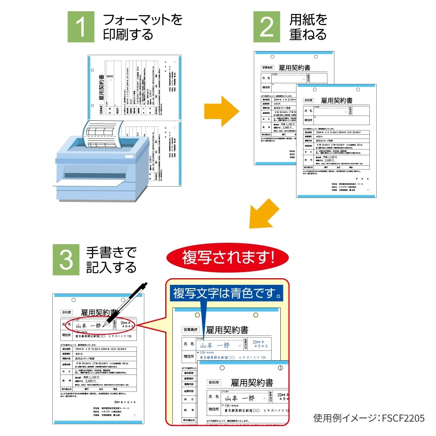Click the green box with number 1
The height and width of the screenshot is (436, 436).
click(x=81, y=27)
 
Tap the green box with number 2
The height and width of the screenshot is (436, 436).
click(x=267, y=27)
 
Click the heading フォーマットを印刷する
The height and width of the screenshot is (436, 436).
click(x=142, y=27)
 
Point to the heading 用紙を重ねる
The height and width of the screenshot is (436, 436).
click(x=308, y=27)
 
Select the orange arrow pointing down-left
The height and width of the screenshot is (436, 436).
click(x=264, y=214)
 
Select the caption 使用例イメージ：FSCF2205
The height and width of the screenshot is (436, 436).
click(x=369, y=418)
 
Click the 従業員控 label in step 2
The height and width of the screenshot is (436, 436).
click(x=267, y=68)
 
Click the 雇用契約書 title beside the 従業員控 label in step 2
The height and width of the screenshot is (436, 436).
click(x=294, y=68)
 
